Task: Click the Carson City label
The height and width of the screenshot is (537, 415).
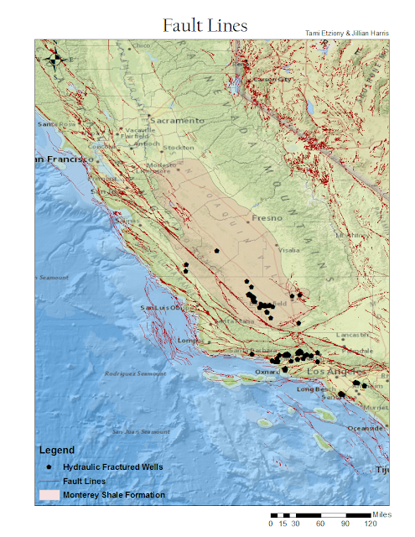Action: coord(272,80)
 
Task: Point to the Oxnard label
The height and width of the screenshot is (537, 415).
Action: coord(266,372)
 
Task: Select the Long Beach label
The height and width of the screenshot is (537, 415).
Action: coord(317,389)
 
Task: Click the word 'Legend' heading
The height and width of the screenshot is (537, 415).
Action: coord(56,450)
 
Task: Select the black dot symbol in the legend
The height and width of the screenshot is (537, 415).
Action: coord(50,467)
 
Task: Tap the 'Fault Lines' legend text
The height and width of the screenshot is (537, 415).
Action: coord(85,481)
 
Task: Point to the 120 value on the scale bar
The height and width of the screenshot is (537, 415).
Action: coord(370,523)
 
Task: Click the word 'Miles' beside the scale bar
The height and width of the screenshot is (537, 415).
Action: coord(381,513)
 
